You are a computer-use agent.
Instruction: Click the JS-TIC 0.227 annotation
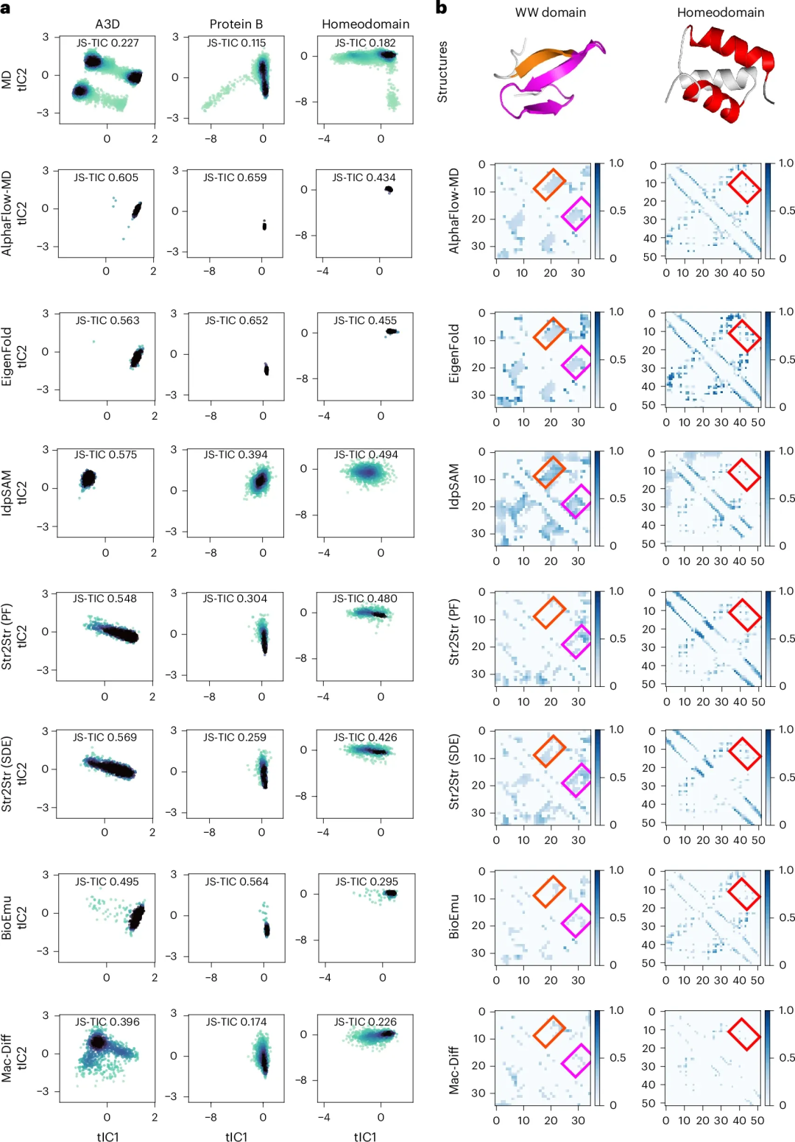(x=107, y=43)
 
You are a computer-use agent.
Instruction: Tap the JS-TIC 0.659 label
(x=235, y=177)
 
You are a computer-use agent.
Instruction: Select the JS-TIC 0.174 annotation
(x=236, y=1022)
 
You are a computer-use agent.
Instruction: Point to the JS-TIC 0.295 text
(x=367, y=881)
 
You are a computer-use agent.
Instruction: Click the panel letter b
(x=442, y=8)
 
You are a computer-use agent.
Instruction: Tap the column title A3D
(x=107, y=24)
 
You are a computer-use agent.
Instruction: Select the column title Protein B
(x=236, y=24)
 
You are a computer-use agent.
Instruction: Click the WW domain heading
(x=550, y=13)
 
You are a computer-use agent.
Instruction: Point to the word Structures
(x=442, y=71)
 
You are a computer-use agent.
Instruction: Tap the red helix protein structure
(x=721, y=74)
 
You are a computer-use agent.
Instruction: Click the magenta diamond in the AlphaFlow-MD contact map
(x=576, y=214)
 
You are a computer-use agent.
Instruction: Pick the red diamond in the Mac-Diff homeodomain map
(x=744, y=1034)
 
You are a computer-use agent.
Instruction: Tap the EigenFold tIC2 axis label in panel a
(x=15, y=356)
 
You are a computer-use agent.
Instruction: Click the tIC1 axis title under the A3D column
(x=107, y=1137)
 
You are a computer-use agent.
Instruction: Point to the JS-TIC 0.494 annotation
(x=366, y=455)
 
